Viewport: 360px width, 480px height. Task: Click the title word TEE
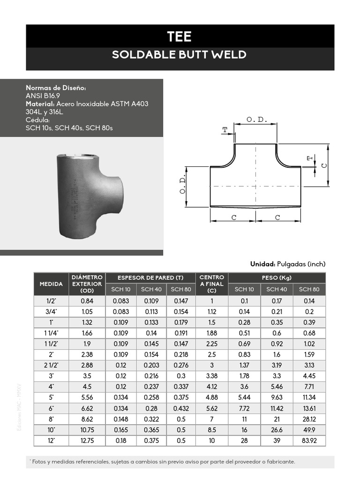click(x=180, y=36)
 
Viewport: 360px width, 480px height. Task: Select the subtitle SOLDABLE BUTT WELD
click(x=180, y=55)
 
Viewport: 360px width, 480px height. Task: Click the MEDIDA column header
click(x=51, y=284)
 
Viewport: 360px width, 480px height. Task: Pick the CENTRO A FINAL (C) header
click(x=211, y=284)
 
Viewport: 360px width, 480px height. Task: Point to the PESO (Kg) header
click(x=277, y=278)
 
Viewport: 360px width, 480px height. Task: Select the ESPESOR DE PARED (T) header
click(x=150, y=278)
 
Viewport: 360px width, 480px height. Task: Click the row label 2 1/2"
click(x=51, y=366)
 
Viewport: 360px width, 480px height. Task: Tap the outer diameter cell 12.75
click(x=87, y=441)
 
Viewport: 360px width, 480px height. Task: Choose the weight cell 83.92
click(x=309, y=441)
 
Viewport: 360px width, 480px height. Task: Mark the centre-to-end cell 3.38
click(x=211, y=376)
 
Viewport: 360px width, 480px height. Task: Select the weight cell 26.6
click(x=277, y=430)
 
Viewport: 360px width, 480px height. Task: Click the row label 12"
click(x=51, y=441)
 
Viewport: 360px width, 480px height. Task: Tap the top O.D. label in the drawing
click(x=256, y=120)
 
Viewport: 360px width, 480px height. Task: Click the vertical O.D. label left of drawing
click(x=183, y=187)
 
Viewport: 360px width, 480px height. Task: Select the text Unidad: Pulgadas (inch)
click(x=287, y=264)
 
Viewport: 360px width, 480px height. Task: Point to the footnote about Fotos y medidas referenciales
click(x=162, y=462)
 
